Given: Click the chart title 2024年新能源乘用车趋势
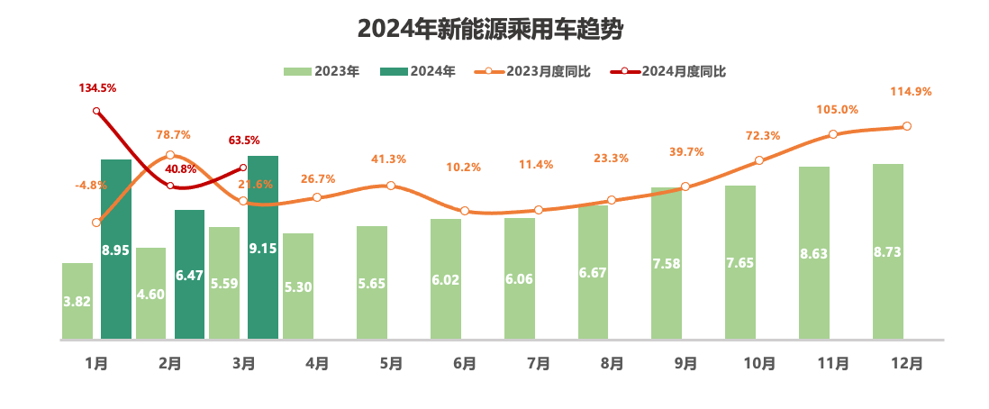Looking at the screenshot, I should [x=491, y=30].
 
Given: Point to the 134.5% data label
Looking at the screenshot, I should [x=97, y=87].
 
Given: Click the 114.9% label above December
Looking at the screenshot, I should [x=911, y=91].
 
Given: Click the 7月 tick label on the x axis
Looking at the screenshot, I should [x=539, y=364].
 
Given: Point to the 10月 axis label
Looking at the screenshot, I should [x=759, y=364].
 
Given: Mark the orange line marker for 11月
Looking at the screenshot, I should [x=833, y=134].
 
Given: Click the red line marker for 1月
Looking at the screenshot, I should [x=96, y=111].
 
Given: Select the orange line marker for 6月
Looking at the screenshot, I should [x=465, y=211].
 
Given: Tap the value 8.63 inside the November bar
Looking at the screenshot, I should [x=814, y=254].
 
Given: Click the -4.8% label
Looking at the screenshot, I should [x=91, y=186].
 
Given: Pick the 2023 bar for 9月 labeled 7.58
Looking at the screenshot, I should [x=667, y=263].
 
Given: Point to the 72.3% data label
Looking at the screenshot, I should [x=763, y=135].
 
